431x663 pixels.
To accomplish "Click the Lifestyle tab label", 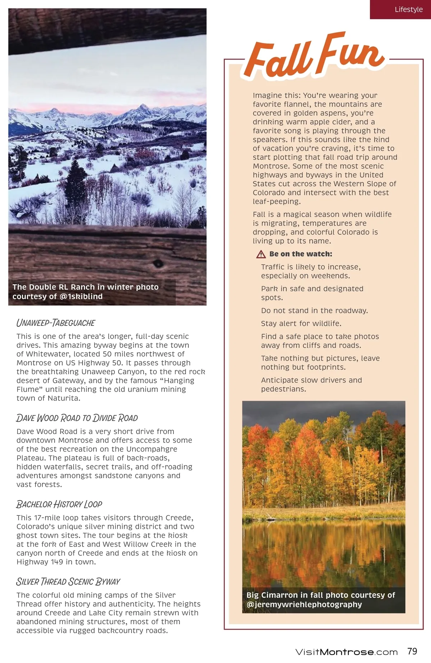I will click(x=408, y=9).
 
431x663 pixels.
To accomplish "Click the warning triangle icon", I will click(x=261, y=254).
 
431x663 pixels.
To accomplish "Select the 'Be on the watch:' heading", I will click(x=301, y=254).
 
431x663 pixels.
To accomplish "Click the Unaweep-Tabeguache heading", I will click(x=56, y=323).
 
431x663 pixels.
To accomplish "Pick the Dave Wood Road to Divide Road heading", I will click(x=77, y=418).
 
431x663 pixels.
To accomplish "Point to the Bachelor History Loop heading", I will click(x=59, y=504).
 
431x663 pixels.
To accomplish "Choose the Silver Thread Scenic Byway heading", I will click(x=68, y=581).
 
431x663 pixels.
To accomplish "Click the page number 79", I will click(x=412, y=651).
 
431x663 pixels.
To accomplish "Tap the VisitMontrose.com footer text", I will click(x=346, y=652).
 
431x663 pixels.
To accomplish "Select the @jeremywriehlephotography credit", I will click(x=304, y=604).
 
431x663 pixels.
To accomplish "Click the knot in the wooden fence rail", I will click(x=158, y=264).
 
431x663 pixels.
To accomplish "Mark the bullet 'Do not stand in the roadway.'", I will click(x=314, y=311).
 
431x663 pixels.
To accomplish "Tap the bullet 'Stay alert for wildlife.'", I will click(x=301, y=324).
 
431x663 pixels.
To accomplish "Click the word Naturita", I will click(x=64, y=398).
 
